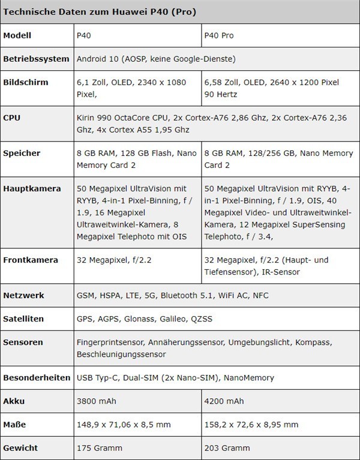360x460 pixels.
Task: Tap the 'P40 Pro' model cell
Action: click(220, 35)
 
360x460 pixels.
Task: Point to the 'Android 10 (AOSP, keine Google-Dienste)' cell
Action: click(156, 59)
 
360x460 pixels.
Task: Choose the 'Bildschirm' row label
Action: click(26, 82)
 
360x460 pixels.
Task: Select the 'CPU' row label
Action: click(12, 118)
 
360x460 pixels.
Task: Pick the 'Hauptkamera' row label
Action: click(32, 189)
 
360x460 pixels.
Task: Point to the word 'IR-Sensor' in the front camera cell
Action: click(281, 272)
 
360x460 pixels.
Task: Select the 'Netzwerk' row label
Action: click(23, 296)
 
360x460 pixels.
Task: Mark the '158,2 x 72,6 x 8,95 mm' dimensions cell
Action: click(251, 425)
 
